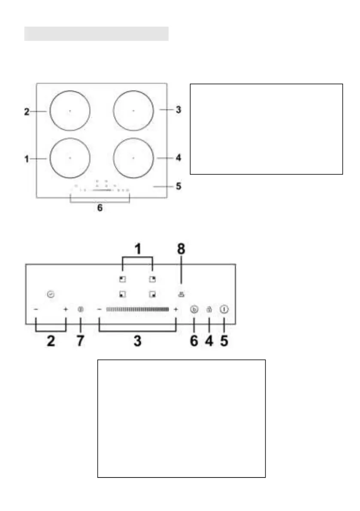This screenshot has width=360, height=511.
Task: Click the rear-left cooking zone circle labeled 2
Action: click(70, 111)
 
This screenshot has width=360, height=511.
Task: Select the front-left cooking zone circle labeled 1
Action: click(70, 158)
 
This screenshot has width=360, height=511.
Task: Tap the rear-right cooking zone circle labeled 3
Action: click(133, 111)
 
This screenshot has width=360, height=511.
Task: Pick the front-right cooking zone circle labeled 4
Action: click(133, 158)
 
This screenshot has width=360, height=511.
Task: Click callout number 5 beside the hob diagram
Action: click(178, 187)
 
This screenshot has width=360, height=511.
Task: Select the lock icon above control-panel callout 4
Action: click(209, 309)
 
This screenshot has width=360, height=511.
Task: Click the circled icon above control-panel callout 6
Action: click(194, 309)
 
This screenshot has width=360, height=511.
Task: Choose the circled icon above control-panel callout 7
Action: click(80, 309)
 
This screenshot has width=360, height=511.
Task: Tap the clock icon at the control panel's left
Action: click(51, 294)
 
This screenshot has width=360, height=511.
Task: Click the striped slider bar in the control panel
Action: click(137, 309)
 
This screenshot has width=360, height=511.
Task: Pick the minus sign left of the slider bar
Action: click(100, 309)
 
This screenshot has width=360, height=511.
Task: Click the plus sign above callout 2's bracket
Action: click(66, 309)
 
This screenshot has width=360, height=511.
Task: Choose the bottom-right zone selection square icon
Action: click(152, 294)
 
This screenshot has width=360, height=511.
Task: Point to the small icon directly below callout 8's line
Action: click(182, 294)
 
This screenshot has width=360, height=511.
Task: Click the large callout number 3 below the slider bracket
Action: click(137, 342)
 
